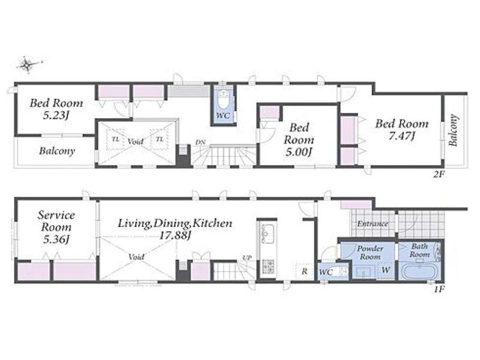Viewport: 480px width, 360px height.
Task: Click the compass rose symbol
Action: (x=28, y=64)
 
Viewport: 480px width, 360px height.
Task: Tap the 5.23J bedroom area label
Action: (x=55, y=115)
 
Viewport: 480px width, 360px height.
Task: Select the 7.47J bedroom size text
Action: (x=401, y=136)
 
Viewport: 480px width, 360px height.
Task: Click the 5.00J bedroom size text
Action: (x=299, y=152)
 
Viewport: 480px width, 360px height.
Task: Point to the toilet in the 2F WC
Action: (x=223, y=100)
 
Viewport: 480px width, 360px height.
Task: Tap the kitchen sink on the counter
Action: (x=268, y=233)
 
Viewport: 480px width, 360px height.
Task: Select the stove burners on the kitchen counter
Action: (x=268, y=266)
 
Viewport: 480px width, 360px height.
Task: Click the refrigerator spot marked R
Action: (x=304, y=271)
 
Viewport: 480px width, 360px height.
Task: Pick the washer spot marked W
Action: (x=386, y=270)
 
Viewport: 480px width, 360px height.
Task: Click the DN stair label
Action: (x=200, y=142)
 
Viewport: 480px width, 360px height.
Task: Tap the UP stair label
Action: (x=247, y=258)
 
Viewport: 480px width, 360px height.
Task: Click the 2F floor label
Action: (x=438, y=175)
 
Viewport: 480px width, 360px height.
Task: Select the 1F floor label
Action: (x=439, y=289)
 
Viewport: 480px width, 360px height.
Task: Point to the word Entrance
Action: (x=373, y=224)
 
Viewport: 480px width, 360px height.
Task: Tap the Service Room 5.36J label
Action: (x=56, y=227)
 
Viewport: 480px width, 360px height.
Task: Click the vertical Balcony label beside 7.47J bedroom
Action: (x=454, y=130)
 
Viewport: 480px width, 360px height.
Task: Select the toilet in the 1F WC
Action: (x=341, y=271)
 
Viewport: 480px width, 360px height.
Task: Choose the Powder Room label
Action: (x=370, y=252)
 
